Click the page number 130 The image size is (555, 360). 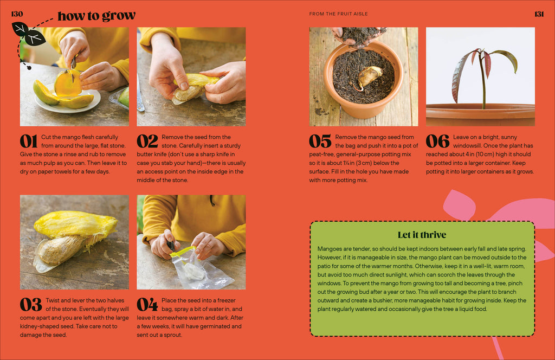pyautogui.click(x=17, y=14)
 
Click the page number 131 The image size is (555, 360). pyautogui.click(x=539, y=14)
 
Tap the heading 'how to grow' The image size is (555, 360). pyautogui.click(x=96, y=16)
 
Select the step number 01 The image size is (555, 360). pyautogui.click(x=29, y=141)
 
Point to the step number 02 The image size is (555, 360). pyautogui.click(x=147, y=141)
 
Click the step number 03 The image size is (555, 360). pyautogui.click(x=30, y=304)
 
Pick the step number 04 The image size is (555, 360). pyautogui.click(x=147, y=304)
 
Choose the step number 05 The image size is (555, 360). pyautogui.click(x=320, y=141)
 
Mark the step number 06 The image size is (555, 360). pyautogui.click(x=437, y=141)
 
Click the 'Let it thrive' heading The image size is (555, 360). pyautogui.click(x=422, y=235)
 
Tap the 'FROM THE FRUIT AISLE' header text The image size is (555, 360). pyautogui.click(x=338, y=14)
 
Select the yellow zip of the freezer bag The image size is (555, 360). pyautogui.click(x=184, y=250)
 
